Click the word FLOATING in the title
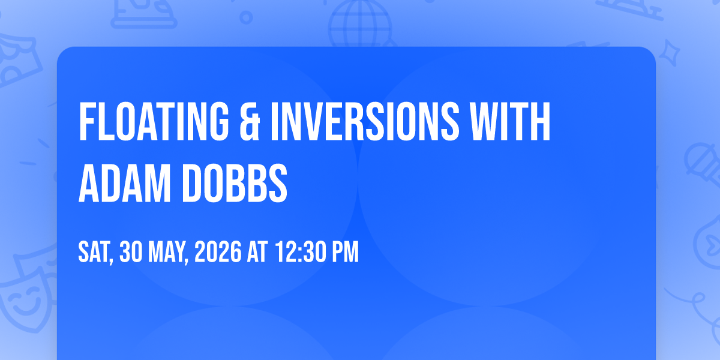(154, 121)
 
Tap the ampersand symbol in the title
(250, 121)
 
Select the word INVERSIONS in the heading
(365, 121)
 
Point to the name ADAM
(124, 183)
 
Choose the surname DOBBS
(235, 183)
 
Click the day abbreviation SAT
(94, 252)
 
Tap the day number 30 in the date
(131, 252)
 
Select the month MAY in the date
(167, 252)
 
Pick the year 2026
(218, 252)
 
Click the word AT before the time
(257, 252)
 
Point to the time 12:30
(301, 252)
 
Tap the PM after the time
(345, 252)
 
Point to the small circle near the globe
(246, 17)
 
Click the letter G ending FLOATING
(217, 121)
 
